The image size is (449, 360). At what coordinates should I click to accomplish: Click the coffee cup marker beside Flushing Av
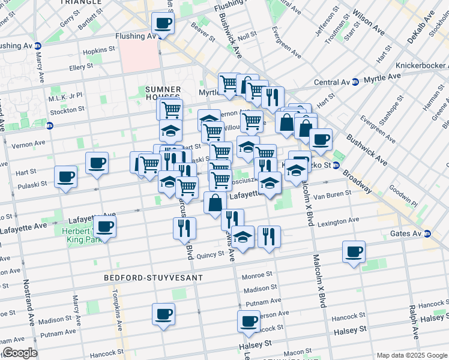click(162, 25)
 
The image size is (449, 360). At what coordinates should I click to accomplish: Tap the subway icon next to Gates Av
click(427, 234)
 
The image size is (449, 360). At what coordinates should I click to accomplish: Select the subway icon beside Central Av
click(355, 82)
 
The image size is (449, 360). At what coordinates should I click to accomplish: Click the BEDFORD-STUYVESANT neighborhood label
click(145, 278)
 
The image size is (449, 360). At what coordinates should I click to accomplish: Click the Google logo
click(20, 353)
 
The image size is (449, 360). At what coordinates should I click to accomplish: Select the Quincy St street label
click(210, 254)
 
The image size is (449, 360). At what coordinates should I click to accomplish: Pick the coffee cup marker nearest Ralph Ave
click(354, 251)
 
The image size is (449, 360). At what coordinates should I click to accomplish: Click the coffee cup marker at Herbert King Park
click(104, 227)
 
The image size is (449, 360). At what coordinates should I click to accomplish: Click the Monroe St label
click(257, 277)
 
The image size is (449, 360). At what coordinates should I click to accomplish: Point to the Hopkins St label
click(99, 52)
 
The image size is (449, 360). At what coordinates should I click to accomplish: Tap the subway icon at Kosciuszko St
click(336, 165)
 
